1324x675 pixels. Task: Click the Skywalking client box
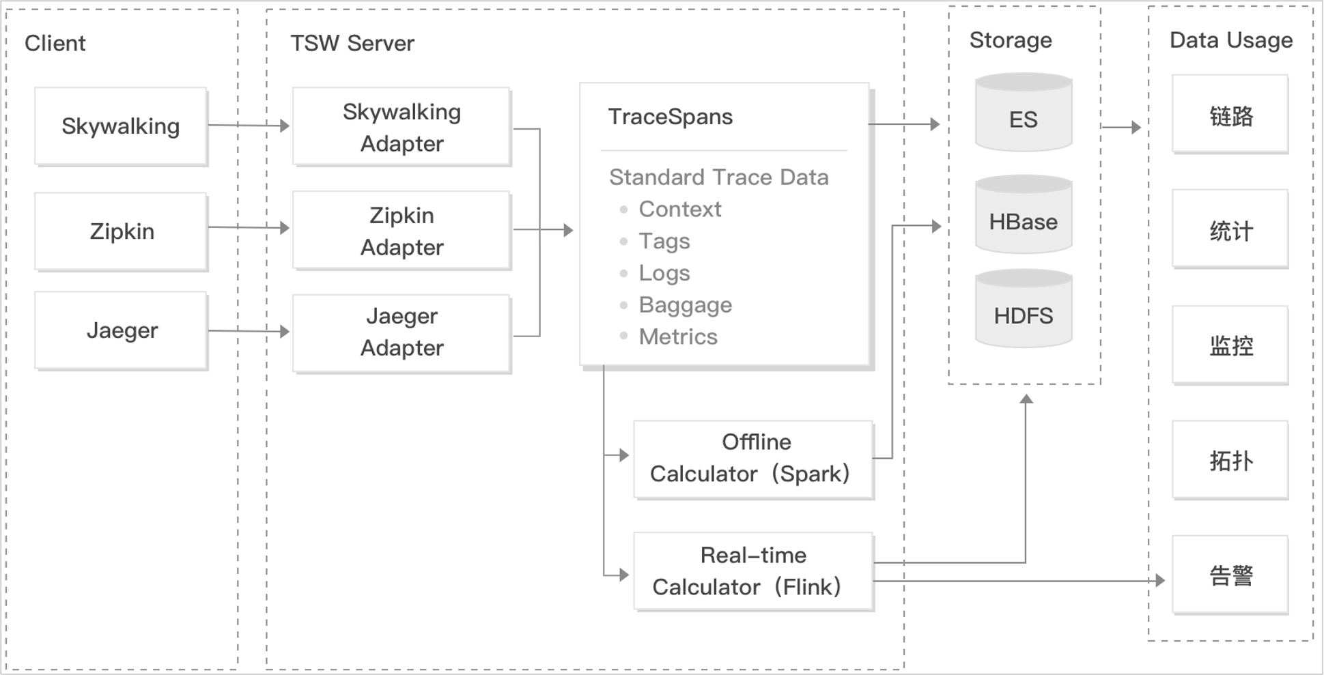point(121,126)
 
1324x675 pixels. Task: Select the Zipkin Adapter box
point(402,231)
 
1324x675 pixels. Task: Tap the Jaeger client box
point(121,331)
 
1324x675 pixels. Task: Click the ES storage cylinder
point(1024,113)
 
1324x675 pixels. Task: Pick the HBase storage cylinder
point(1024,214)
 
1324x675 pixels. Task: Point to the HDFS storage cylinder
point(1024,308)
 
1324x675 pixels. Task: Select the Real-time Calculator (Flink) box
point(754,572)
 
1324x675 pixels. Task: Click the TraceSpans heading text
point(671,117)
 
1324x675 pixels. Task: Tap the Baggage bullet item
point(685,305)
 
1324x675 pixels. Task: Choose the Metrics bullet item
point(678,336)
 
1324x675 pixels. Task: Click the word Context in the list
point(680,209)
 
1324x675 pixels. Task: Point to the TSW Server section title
point(352,43)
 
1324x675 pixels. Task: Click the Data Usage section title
point(1231,40)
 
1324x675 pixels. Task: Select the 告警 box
point(1230,575)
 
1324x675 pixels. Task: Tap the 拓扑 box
point(1230,461)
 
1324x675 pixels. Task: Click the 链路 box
point(1230,115)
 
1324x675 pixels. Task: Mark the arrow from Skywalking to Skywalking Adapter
point(249,126)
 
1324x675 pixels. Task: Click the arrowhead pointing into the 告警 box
point(1160,581)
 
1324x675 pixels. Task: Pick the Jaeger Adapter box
point(402,334)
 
